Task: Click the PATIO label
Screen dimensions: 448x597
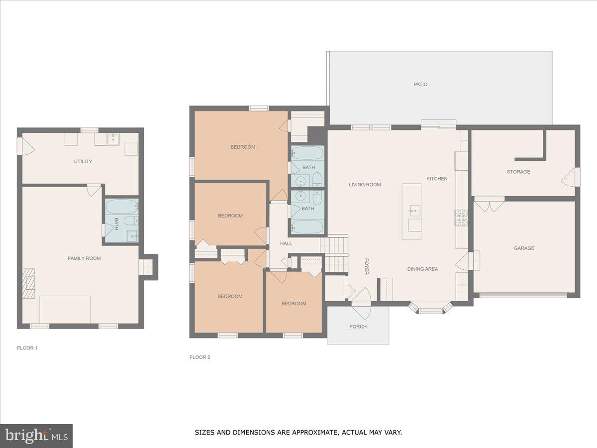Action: point(420,85)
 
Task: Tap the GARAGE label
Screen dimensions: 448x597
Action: point(524,248)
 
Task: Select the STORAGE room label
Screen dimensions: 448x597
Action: point(518,172)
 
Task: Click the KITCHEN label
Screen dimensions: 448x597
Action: point(437,179)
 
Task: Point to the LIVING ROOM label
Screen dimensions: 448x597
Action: point(365,185)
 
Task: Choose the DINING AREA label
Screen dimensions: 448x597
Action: point(422,269)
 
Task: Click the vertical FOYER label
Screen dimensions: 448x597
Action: point(366,266)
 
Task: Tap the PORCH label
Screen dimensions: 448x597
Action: point(358,327)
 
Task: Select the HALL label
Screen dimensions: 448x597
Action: point(286,243)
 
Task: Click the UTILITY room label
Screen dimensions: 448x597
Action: point(83,162)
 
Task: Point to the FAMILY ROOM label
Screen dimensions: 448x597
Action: point(84,258)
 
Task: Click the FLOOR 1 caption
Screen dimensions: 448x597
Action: point(27,348)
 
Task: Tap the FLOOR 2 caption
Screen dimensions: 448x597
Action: point(199,357)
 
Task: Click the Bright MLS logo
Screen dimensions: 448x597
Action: point(36,436)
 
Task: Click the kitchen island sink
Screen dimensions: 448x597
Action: point(414,211)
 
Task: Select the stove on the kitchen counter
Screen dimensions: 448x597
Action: point(461,218)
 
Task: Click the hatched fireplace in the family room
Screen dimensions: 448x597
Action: point(29,283)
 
